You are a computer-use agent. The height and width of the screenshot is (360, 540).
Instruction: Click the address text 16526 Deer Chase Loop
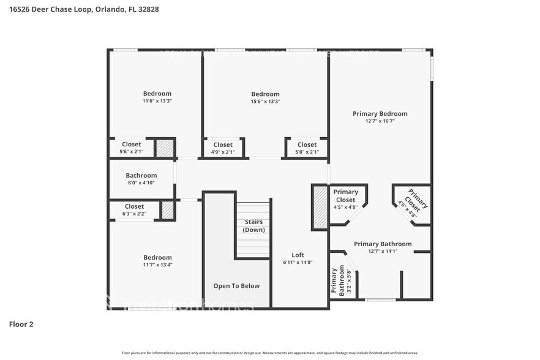(50, 9)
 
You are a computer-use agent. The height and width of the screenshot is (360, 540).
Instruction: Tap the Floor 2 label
(21, 324)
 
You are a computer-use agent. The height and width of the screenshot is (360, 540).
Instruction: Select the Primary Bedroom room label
(380, 113)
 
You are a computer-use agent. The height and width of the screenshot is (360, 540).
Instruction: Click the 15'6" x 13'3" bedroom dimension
(265, 102)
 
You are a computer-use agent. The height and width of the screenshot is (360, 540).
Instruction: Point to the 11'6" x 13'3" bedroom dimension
(157, 101)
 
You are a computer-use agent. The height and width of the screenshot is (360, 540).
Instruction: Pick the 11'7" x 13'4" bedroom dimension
(157, 265)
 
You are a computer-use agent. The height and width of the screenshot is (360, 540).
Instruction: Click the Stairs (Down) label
(253, 226)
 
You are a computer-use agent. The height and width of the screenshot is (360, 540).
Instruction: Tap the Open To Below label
(236, 286)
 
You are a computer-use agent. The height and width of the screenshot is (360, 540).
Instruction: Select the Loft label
(298, 255)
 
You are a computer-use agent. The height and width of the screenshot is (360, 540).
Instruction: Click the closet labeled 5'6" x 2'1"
(131, 148)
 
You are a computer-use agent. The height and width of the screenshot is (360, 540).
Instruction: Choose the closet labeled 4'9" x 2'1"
(223, 148)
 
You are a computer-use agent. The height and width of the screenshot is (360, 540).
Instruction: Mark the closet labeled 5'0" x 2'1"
(307, 148)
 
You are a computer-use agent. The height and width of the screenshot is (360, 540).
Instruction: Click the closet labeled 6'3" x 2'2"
(134, 210)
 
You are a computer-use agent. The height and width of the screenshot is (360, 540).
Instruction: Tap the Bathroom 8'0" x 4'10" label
(141, 179)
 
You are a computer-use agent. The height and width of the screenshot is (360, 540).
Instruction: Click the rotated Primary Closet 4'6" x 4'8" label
(412, 203)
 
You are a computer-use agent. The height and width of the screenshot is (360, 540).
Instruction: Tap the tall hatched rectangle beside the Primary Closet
(320, 207)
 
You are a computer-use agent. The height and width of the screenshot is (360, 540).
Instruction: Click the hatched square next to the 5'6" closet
(163, 149)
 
